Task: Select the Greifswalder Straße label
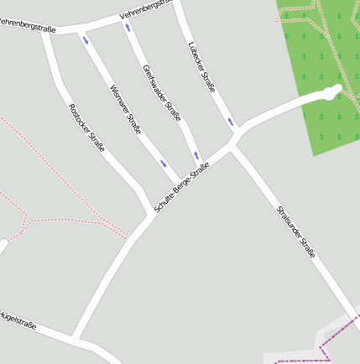pos(162,93)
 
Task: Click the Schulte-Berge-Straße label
pos(181,186)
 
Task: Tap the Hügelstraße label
pos(17,320)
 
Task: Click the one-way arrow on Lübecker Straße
pos(229,122)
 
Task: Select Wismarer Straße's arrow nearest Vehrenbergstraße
pos(86,39)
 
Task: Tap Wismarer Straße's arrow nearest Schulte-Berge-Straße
pos(164,164)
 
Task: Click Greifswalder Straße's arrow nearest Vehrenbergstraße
pos(128,27)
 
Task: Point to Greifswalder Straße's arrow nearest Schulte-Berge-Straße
pos(196,154)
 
